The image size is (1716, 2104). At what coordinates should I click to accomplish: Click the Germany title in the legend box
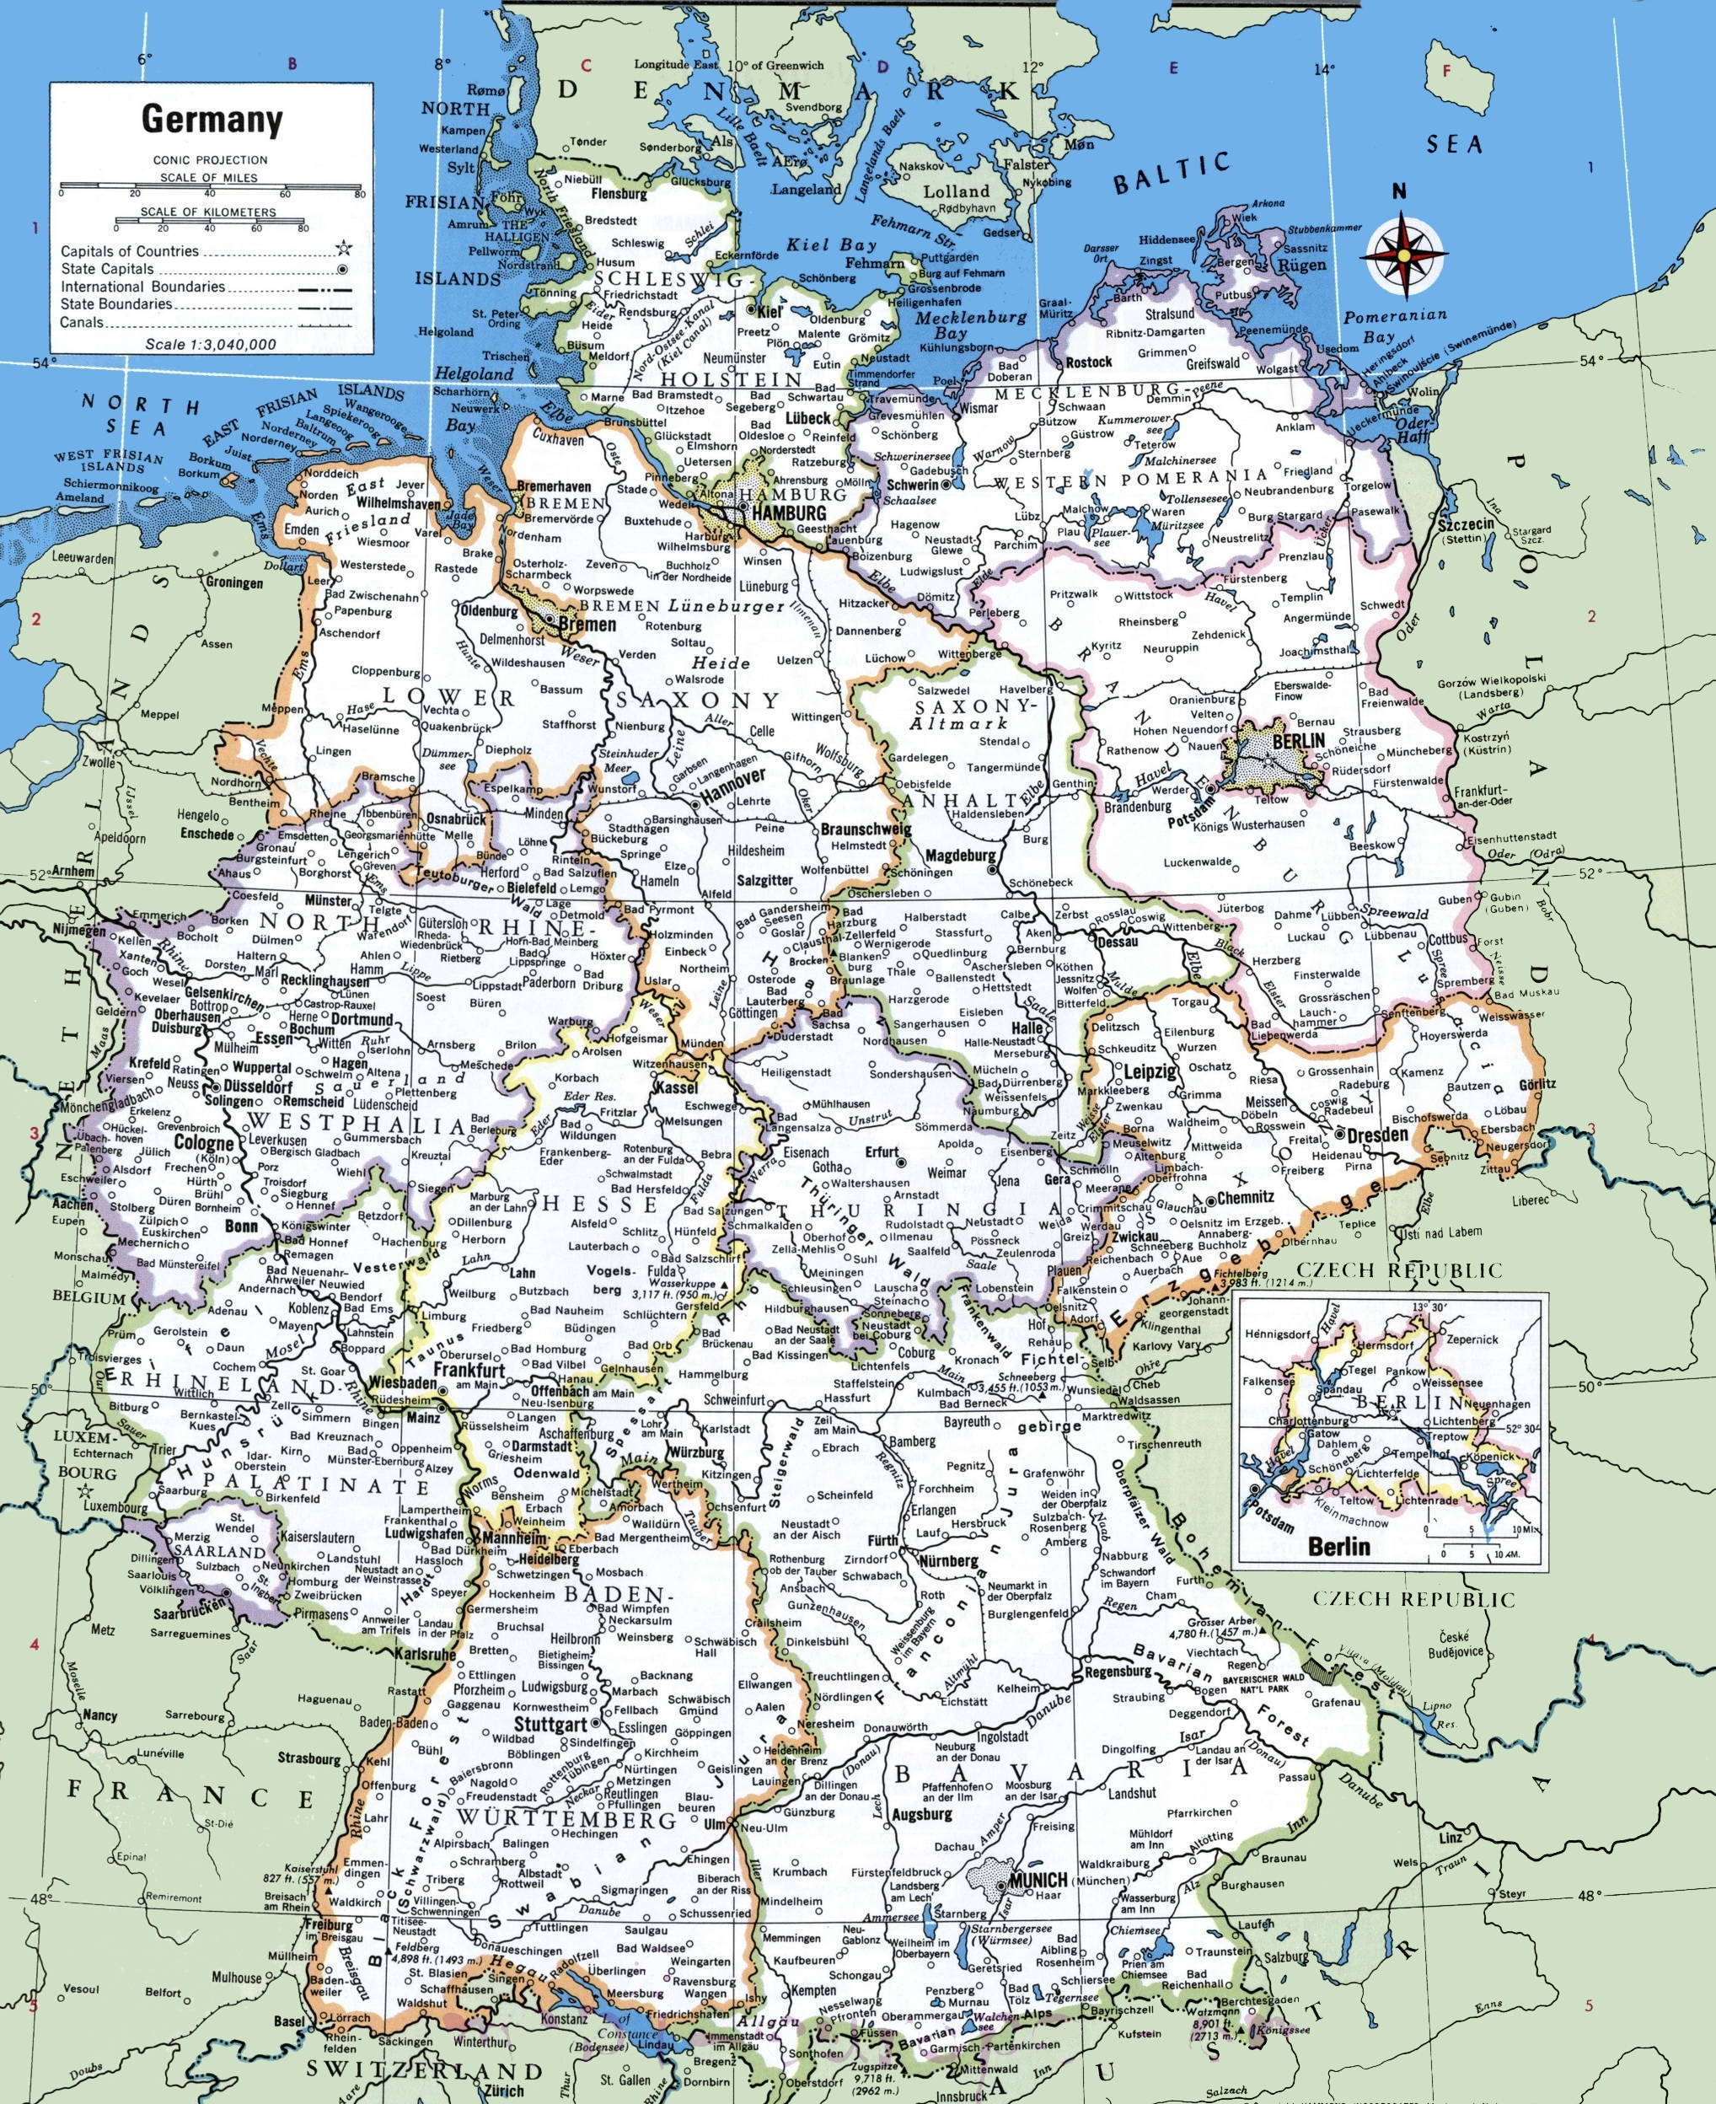coord(212,120)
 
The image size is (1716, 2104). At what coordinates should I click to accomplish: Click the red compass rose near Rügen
coord(1402,253)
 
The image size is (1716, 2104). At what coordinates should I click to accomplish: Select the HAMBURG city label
coord(788,513)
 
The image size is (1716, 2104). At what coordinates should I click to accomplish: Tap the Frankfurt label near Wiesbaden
coord(469,1371)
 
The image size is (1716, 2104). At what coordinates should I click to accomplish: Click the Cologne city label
coord(205,1143)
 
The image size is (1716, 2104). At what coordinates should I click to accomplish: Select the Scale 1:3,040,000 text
coord(211,344)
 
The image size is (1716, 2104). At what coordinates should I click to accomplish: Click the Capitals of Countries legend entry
coord(130,251)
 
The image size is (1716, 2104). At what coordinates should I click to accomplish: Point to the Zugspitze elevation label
coord(873,2064)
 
